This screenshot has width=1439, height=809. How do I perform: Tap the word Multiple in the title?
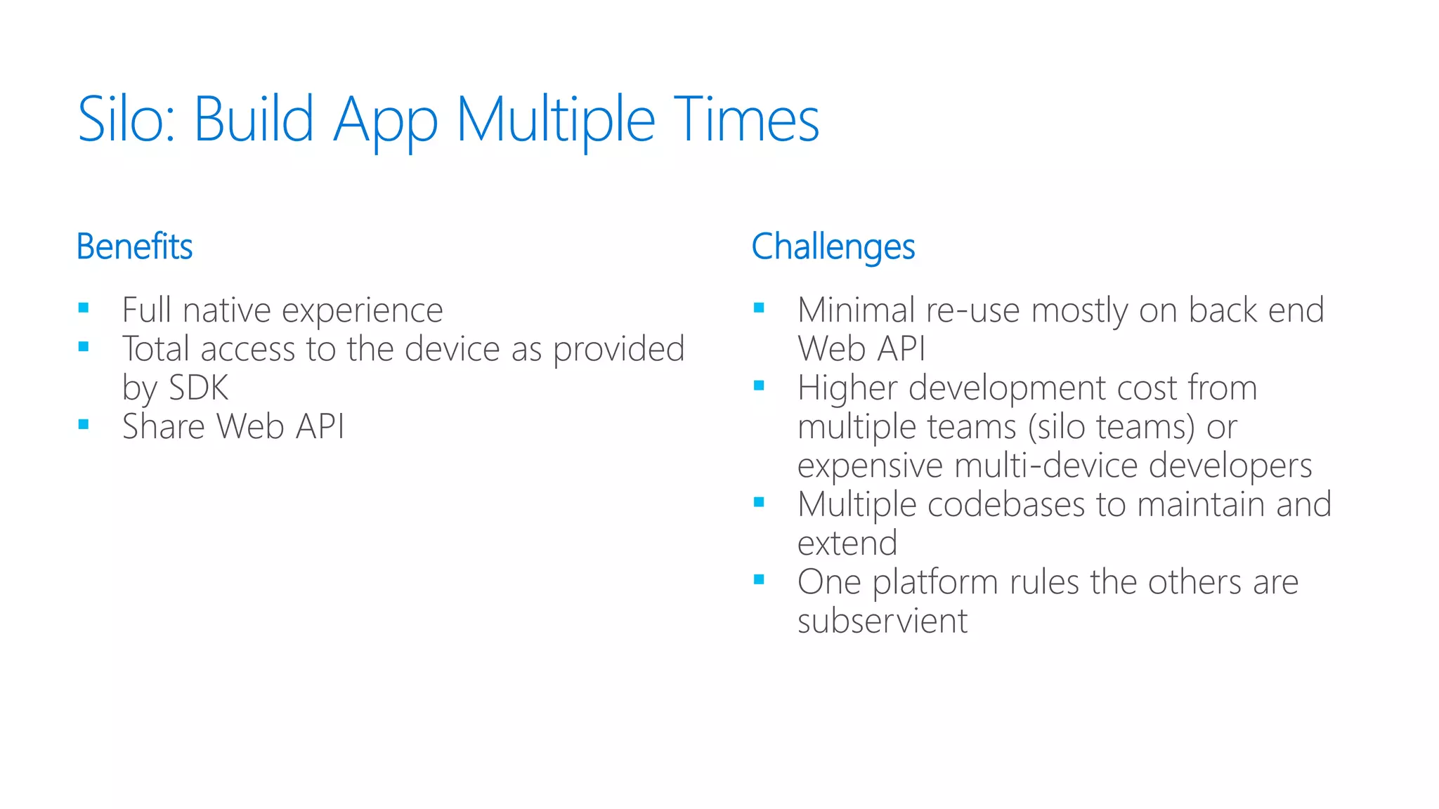pos(555,119)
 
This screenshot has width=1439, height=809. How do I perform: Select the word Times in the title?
pos(746,119)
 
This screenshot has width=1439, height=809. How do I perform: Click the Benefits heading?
pos(134,246)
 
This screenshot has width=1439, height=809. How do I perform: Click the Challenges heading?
pos(833,246)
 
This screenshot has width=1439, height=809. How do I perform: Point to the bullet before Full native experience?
pos(84,308)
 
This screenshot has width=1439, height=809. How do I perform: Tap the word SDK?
pos(199,388)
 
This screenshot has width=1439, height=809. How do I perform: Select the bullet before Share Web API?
pos(84,424)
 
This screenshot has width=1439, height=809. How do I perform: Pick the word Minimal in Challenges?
pos(856,310)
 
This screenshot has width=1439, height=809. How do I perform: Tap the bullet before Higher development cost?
pos(759,386)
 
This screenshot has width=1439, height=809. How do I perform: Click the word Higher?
pos(847,388)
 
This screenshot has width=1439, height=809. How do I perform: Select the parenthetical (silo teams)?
pos(1111,427)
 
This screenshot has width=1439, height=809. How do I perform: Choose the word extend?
pos(847,544)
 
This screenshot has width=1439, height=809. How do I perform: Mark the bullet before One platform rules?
pos(759,579)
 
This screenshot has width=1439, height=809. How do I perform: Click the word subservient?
pos(883,621)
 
